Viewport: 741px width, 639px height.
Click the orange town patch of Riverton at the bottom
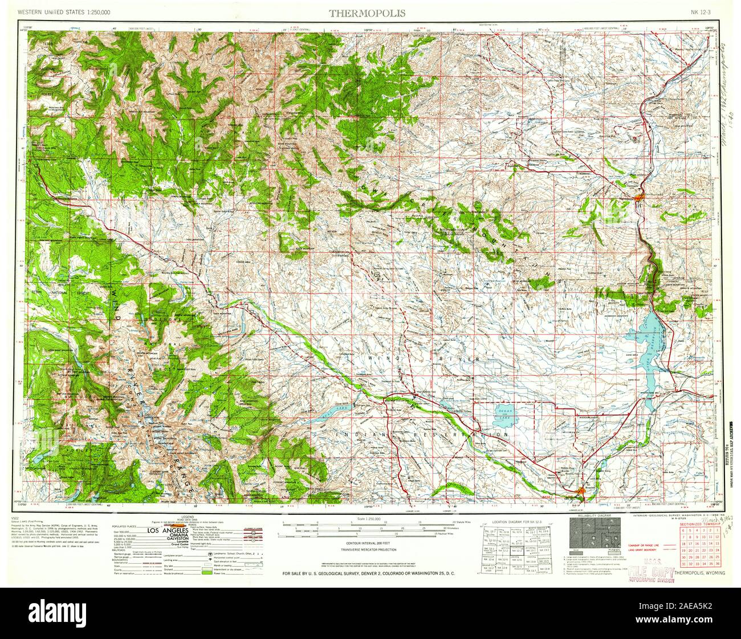[x=580, y=490]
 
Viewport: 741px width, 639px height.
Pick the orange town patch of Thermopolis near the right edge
[x=640, y=198]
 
